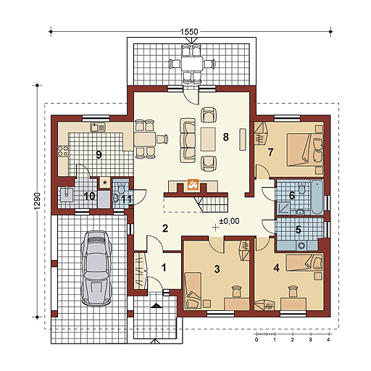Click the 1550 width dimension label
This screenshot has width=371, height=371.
click(x=189, y=32)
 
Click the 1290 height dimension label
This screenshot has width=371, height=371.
click(x=37, y=201)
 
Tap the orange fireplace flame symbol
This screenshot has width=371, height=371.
click(x=193, y=185)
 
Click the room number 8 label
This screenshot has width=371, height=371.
click(x=225, y=137)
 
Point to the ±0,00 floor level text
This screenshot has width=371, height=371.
click(x=229, y=221)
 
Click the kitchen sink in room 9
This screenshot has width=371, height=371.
click(x=98, y=128)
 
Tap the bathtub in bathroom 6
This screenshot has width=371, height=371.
click(x=317, y=197)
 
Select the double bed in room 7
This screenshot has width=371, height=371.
click(x=305, y=149)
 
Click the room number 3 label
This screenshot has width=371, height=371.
click(x=217, y=269)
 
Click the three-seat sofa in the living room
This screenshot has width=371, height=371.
click(x=188, y=141)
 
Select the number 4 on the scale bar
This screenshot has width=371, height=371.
click(x=328, y=340)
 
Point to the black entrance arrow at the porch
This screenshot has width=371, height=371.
click(x=157, y=305)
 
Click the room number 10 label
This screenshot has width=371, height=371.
click(x=89, y=196)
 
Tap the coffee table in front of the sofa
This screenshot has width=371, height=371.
click(x=208, y=139)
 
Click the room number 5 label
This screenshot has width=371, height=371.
click(x=298, y=230)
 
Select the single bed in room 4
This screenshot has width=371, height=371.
click(x=304, y=262)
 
